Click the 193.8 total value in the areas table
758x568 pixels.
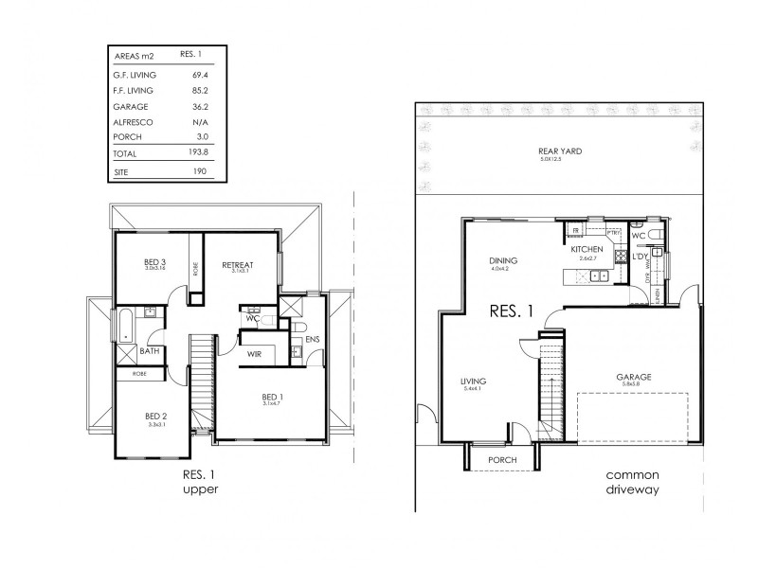tap(199, 153)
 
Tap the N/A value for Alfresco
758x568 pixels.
tap(199, 122)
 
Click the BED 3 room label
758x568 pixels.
tap(155, 262)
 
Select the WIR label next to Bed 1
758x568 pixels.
tap(254, 353)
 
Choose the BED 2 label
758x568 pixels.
tap(155, 416)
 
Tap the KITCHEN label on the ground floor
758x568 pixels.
tap(587, 249)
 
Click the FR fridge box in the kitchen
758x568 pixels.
tap(574, 230)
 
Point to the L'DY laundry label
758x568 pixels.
tap(640, 257)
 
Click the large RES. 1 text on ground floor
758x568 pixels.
tap(511, 310)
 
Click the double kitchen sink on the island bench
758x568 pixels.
tap(597, 276)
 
